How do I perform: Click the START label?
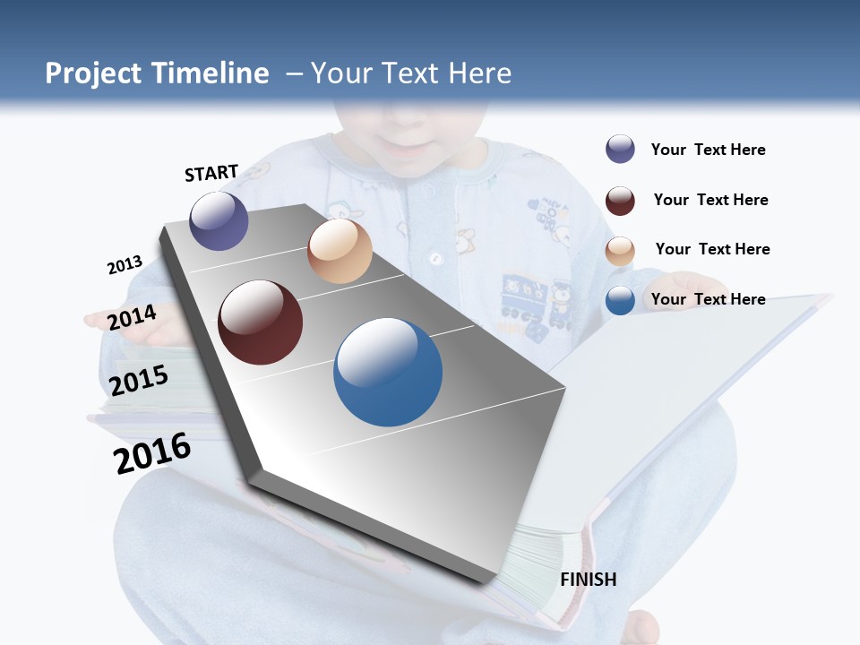(211, 173)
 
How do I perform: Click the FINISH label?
(589, 580)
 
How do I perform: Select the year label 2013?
(125, 265)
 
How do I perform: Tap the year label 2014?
(132, 317)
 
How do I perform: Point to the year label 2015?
(139, 380)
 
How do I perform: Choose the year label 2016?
(152, 453)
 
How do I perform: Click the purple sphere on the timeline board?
(219, 221)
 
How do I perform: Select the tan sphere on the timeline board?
(340, 251)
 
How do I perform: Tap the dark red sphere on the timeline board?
(261, 322)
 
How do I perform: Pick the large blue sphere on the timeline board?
(388, 372)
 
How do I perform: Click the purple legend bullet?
(620, 150)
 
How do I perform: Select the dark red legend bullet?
(620, 201)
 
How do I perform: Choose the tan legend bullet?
(620, 251)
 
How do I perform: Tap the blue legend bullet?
(620, 300)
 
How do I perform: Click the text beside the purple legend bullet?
(708, 150)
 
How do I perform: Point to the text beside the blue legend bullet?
(708, 299)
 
